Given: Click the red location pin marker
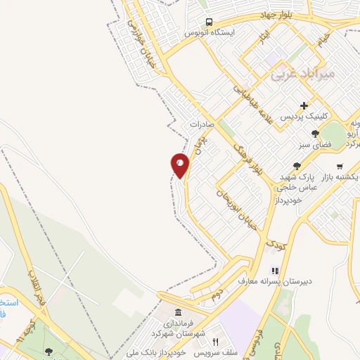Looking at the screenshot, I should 180,165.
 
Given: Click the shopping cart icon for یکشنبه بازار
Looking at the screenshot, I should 340,167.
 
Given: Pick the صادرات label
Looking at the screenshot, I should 202,124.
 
